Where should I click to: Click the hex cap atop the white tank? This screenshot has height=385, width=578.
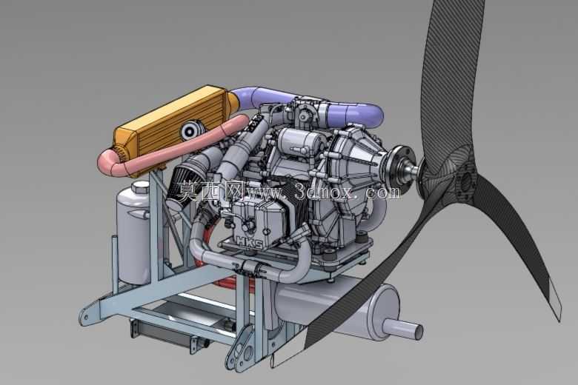140,188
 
